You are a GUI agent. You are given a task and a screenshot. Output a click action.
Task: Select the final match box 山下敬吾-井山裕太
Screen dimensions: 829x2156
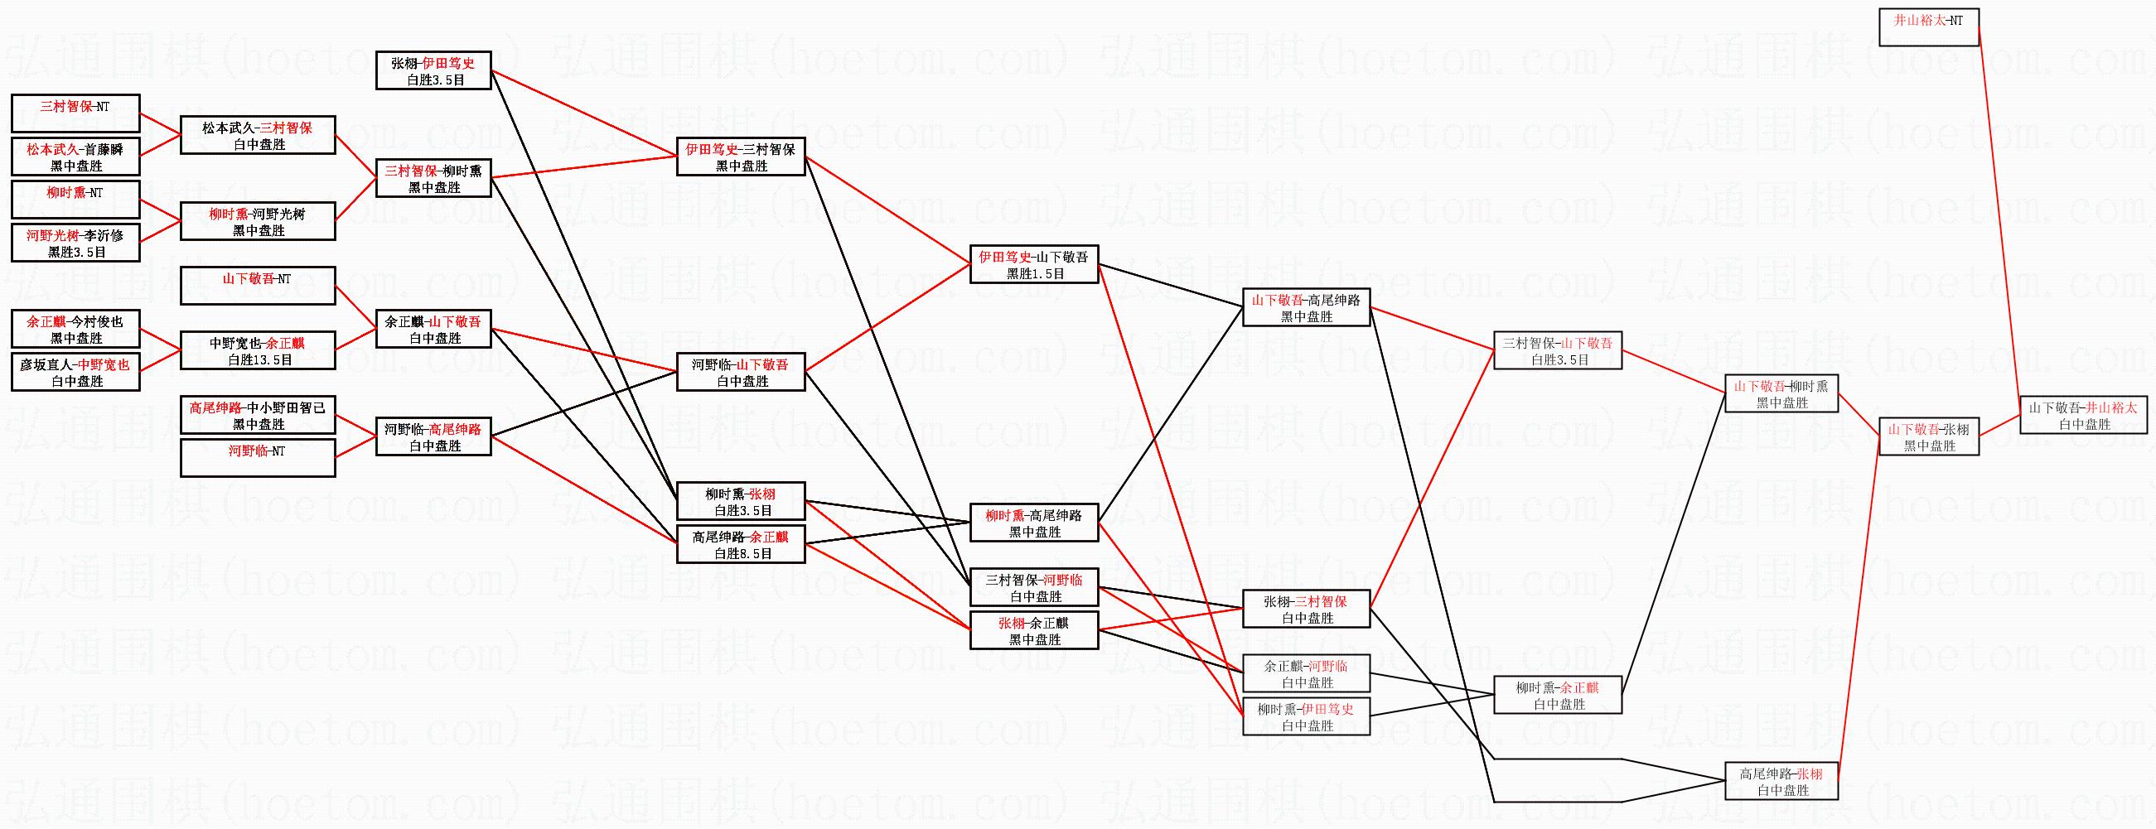coord(2083,416)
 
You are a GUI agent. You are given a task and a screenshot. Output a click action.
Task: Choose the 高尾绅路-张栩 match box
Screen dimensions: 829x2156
coord(1781,781)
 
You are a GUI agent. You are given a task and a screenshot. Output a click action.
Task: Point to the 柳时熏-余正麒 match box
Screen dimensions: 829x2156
coord(1558,695)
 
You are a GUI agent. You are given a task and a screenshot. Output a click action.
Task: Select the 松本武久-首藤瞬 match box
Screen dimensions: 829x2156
coord(75,157)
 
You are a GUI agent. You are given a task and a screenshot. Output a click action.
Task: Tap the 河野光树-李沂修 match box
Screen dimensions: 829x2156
coord(75,243)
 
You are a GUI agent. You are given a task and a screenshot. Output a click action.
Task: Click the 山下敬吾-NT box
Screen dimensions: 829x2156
coord(258,286)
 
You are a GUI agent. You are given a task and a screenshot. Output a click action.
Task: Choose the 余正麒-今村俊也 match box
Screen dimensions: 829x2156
coord(75,329)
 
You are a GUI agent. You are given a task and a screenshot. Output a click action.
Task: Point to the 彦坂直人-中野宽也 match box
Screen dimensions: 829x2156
coord(75,372)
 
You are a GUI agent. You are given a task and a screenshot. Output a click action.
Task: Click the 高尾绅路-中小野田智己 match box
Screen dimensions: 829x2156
coord(258,415)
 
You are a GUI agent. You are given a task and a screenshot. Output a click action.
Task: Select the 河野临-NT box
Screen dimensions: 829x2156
coord(258,459)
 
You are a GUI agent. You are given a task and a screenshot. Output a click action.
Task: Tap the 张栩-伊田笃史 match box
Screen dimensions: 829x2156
coord(433,71)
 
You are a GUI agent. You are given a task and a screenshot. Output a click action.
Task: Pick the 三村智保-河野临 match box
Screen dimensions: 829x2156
coord(1033,587)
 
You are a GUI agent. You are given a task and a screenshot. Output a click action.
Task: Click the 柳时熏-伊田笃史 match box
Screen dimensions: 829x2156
coord(1306,717)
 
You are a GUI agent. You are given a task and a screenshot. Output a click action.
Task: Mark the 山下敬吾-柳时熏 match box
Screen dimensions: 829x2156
coord(1781,394)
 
